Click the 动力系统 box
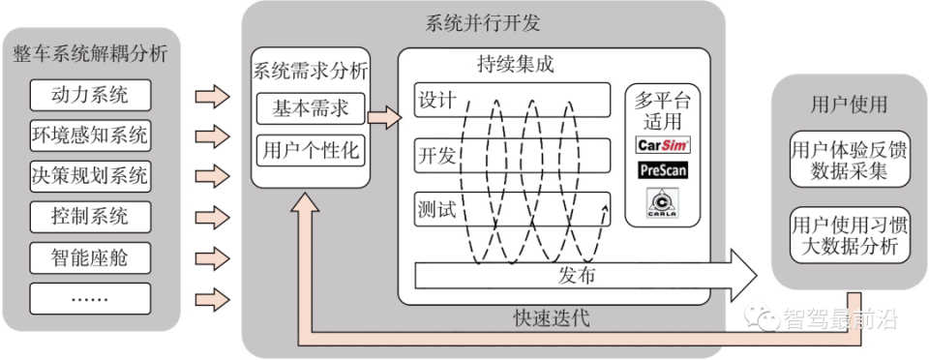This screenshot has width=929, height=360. [x=90, y=95]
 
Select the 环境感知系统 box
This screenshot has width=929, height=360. [x=90, y=135]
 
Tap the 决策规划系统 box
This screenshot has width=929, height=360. [x=90, y=175]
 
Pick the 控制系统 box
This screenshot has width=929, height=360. [x=90, y=216]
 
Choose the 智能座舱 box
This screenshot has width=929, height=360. [x=90, y=256]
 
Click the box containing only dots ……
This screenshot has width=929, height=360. [x=90, y=297]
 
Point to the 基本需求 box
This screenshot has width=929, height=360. [x=310, y=108]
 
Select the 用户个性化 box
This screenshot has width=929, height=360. [x=310, y=150]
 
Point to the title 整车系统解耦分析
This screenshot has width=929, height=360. [x=91, y=53]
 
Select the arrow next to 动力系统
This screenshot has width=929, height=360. [x=213, y=96]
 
